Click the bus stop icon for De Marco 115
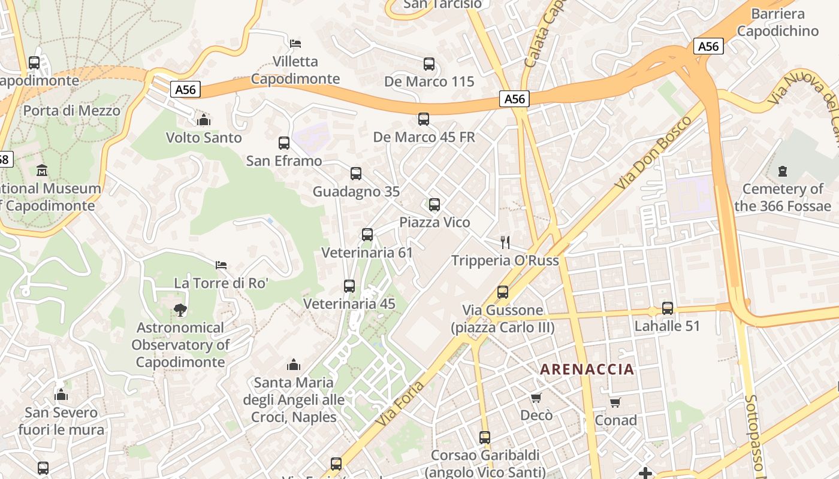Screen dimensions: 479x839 click(428, 64)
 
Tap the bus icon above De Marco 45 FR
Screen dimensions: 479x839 click(424, 119)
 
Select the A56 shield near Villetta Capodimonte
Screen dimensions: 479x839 click(185, 90)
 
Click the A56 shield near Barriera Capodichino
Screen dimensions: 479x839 click(709, 46)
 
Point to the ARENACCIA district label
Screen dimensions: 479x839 click(587, 369)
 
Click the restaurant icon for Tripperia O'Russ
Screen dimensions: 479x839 click(505, 242)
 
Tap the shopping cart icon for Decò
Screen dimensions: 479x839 click(536, 398)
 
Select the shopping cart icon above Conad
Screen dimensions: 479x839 click(615, 403)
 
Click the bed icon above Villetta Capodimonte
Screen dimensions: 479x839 click(295, 44)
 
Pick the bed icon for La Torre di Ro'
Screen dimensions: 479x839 click(221, 265)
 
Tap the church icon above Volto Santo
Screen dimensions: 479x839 click(204, 120)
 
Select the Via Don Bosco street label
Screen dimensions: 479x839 click(653, 153)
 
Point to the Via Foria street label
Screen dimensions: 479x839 click(401, 404)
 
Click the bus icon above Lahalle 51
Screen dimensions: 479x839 click(668, 308)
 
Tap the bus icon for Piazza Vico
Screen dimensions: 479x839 click(434, 205)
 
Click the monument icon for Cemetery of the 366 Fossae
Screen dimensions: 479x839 click(782, 172)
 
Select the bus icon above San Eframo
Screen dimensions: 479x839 click(284, 143)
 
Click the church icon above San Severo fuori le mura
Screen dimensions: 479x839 click(61, 395)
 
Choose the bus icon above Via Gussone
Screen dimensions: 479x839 click(503, 292)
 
